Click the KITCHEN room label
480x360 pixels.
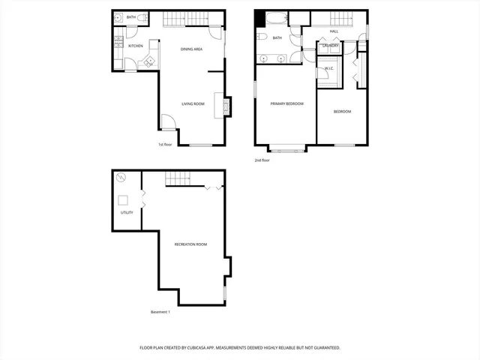coord(136,46)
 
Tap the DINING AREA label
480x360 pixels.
coord(191,49)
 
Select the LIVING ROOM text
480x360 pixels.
coord(193,103)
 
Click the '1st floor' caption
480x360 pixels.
coord(165,144)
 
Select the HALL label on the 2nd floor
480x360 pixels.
coord(334,31)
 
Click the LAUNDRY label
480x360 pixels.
coord(330,46)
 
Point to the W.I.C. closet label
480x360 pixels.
coord(329,69)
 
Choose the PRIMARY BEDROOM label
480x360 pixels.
coord(286,103)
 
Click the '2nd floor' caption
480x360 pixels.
coord(262,160)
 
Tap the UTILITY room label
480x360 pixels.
coord(127,212)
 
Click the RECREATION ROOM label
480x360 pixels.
coord(190,244)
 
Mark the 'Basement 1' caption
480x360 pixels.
coord(160,312)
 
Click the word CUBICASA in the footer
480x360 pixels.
coord(217,348)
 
